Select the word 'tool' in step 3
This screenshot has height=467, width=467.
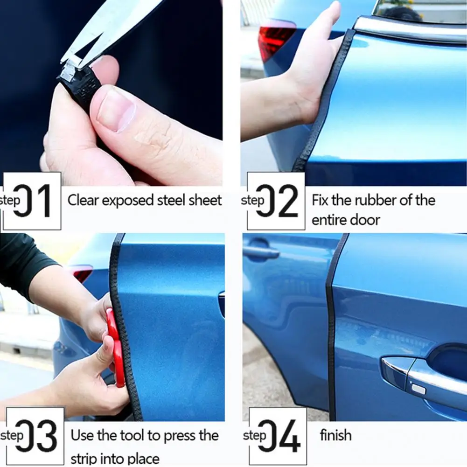pyautogui.click(x=132, y=436)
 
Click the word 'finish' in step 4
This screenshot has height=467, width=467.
pyautogui.click(x=335, y=436)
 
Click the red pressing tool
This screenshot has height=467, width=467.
pyautogui.click(x=115, y=345)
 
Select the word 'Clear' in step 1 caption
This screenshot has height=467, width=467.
pyautogui.click(x=83, y=201)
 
